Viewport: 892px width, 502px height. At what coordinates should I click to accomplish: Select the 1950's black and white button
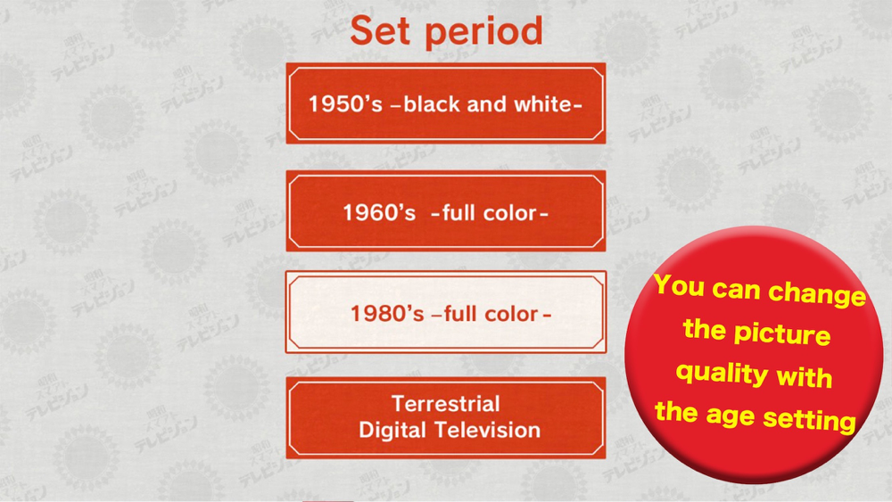point(445,103)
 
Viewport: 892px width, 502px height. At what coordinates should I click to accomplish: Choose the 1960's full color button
point(445,211)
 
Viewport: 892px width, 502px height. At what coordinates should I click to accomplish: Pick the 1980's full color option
point(445,312)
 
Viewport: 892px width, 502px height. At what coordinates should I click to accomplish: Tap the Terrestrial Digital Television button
point(445,418)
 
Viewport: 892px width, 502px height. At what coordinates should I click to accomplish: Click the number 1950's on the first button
point(344,104)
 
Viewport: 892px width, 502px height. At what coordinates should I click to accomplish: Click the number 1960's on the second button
point(379,212)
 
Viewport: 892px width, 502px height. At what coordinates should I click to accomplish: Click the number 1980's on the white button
point(387,314)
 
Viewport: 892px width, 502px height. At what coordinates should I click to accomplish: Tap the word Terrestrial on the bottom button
point(446,404)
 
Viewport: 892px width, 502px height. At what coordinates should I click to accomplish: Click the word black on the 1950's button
point(431,104)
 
